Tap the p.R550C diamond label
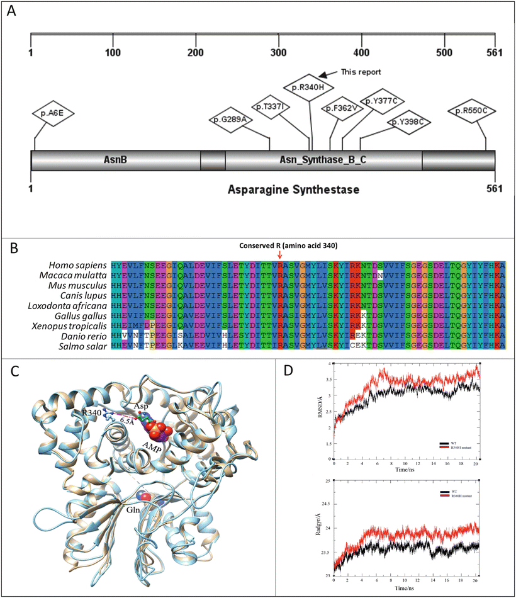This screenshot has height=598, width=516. pos(473,111)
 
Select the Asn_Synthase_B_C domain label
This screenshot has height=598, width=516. pos(323,161)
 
